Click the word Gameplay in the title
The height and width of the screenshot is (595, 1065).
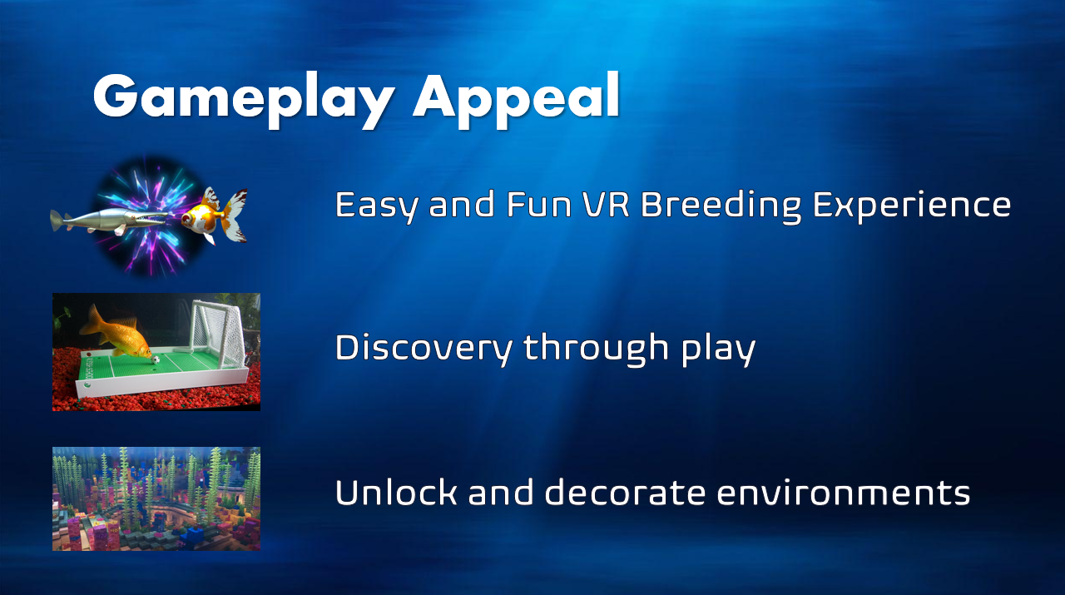coord(244,100)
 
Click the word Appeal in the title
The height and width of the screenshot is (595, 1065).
coord(517,100)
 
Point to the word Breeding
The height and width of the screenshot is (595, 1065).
coord(721,206)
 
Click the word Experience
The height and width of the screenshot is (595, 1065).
coord(912,206)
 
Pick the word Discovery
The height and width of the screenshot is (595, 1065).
coord(424,348)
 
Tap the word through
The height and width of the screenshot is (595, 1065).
coord(597,348)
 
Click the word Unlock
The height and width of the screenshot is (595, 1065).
coord(396,492)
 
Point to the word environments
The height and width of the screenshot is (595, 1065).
coord(843,493)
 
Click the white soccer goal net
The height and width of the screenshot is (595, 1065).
coord(219,333)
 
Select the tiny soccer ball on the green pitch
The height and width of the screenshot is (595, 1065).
coord(156,360)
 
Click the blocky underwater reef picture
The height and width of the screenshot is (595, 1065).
coord(156,498)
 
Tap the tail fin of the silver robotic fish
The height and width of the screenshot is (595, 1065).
coord(57,221)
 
